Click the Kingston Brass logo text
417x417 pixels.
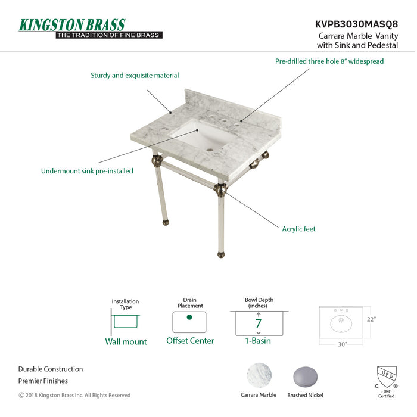(x=72, y=25)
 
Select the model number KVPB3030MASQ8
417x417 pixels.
(x=356, y=25)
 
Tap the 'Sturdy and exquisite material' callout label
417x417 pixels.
(x=135, y=76)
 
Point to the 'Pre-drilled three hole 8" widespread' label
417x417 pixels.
(x=329, y=61)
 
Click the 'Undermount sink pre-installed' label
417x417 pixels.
(x=87, y=171)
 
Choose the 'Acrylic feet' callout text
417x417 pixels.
(x=299, y=229)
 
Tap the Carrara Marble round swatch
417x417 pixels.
(x=259, y=376)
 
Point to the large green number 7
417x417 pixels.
(x=259, y=324)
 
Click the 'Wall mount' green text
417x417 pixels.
(x=126, y=341)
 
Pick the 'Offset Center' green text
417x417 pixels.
(x=190, y=341)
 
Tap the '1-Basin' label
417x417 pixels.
(x=259, y=341)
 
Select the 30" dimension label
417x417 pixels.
(x=341, y=344)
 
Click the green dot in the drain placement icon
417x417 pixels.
(x=189, y=317)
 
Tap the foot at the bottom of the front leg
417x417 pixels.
(x=222, y=255)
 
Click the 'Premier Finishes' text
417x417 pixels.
(x=43, y=381)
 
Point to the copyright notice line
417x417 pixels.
(x=74, y=395)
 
